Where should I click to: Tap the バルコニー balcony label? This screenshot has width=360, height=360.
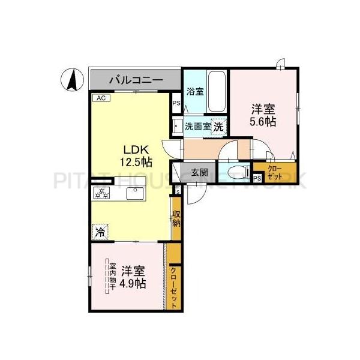(x=134, y=79)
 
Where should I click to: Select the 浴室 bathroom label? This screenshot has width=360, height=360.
(x=194, y=92)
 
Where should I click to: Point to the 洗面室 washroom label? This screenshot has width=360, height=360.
(x=197, y=127)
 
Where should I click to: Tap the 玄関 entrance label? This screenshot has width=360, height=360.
(x=200, y=172)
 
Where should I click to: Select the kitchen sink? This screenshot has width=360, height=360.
(x=133, y=193)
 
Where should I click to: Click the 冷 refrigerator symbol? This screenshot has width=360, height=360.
(x=101, y=230)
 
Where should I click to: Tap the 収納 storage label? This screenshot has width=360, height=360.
(x=176, y=219)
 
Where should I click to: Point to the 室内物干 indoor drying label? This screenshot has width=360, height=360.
(x=111, y=275)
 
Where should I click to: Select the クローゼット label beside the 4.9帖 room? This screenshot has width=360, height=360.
(x=174, y=287)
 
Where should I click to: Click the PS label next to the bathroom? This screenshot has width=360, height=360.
(x=176, y=103)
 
